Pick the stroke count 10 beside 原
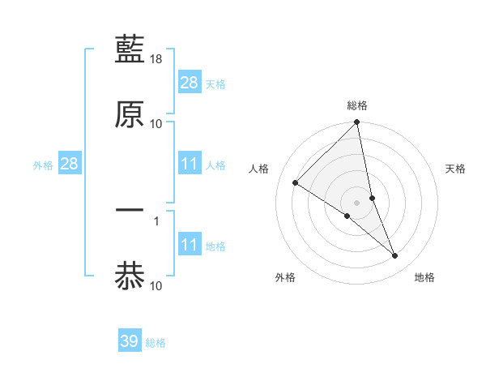tap(156, 123)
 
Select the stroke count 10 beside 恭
tap(156, 285)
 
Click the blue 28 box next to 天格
tap(190, 83)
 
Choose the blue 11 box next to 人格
tap(190, 165)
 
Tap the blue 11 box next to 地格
tap(190, 245)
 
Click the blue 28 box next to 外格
tap(70, 165)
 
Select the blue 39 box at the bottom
tap(130, 341)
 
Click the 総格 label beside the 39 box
tap(156, 343)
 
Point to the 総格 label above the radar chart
tap(357, 106)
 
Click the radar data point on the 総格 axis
tap(357, 123)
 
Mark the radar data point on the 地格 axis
tap(395, 256)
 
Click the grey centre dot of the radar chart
tap(357, 203)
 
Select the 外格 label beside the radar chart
tap(285, 277)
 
